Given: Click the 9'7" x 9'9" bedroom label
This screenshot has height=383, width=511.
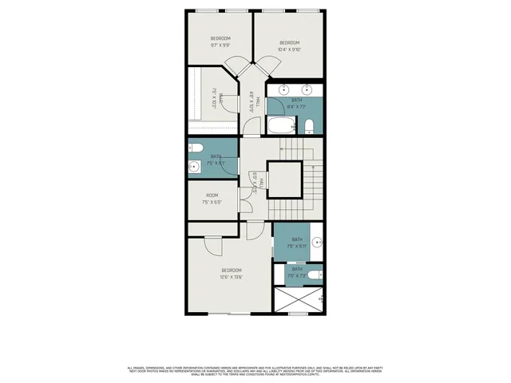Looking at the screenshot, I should [x=220, y=41].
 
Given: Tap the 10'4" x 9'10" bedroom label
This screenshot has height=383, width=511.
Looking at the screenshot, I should [x=289, y=45].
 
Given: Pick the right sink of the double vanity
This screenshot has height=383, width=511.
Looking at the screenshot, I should [x=309, y=89].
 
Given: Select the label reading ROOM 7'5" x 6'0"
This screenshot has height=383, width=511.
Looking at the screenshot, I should [x=212, y=199].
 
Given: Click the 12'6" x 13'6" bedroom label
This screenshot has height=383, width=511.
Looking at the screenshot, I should [x=232, y=274].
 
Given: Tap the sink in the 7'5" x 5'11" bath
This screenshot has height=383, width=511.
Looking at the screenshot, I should [x=317, y=240].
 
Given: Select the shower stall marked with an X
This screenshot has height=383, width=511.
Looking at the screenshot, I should [x=298, y=300].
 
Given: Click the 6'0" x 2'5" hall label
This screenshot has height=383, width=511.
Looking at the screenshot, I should [x=254, y=184].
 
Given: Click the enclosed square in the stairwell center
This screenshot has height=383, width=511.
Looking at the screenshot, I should [x=284, y=179].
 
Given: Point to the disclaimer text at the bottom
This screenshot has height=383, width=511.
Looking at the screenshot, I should [x=255, y=370].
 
